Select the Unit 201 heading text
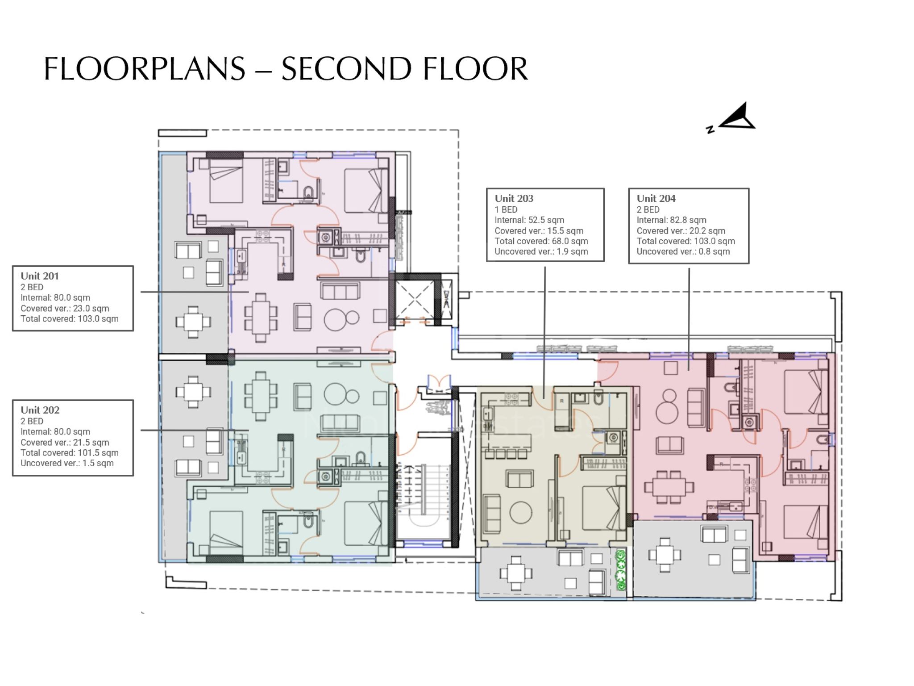40,276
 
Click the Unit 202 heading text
40,410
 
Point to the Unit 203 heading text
514,198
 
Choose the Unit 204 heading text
656,198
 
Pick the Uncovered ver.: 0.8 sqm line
683,251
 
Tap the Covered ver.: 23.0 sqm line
65,309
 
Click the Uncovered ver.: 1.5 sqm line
67,463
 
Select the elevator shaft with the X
414,300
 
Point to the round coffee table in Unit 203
521,512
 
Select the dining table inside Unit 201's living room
261,318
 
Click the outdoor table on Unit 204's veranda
665,555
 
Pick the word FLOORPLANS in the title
145,69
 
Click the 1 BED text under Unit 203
506,209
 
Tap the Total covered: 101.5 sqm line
70,453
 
